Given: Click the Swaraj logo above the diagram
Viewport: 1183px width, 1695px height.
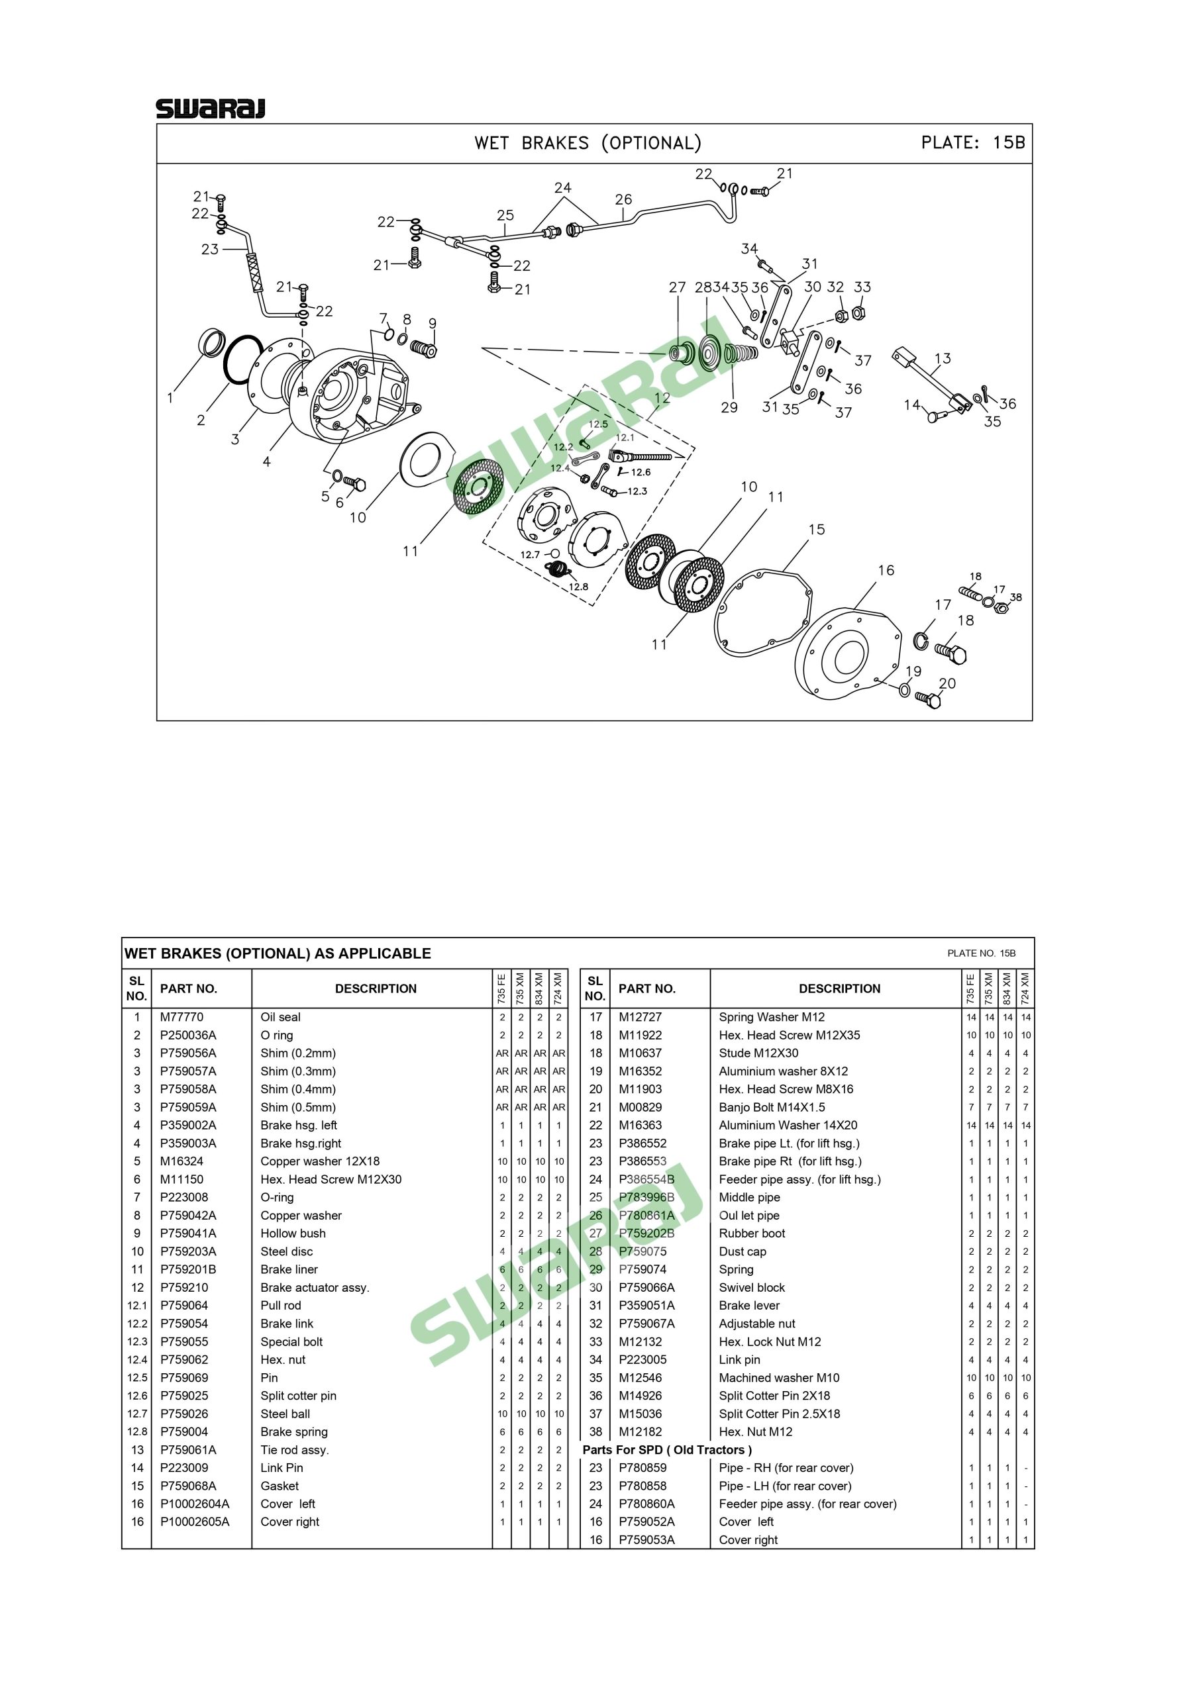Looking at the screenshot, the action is tap(211, 109).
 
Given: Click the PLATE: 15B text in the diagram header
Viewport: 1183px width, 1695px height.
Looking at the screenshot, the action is tap(972, 142).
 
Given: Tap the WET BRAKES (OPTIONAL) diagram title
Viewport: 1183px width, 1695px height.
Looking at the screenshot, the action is tap(588, 142).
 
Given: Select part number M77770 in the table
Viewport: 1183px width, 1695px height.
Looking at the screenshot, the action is tap(181, 1016).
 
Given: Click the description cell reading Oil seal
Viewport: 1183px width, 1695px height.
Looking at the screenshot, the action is tap(281, 1016).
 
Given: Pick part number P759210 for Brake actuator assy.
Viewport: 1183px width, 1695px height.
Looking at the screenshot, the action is tap(184, 1288).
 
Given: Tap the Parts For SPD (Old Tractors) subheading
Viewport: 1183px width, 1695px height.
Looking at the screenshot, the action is tap(667, 1450).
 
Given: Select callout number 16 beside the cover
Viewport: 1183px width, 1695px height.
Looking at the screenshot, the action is tap(886, 570).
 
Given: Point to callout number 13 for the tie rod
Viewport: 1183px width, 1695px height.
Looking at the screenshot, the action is tap(943, 359).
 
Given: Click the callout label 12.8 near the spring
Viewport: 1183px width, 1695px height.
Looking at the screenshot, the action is tap(578, 587).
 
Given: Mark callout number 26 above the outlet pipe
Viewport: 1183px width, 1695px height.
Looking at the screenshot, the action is tap(623, 199).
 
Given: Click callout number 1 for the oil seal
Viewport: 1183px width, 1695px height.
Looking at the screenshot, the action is tap(170, 398).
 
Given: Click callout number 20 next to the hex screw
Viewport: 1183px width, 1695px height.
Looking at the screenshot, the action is tap(947, 683).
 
